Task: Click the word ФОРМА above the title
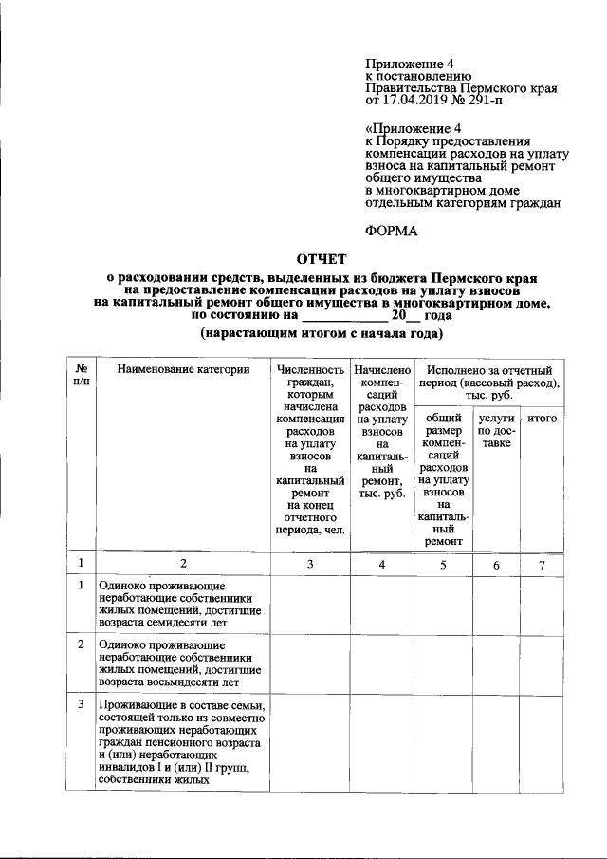(x=392, y=229)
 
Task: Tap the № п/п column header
(x=83, y=375)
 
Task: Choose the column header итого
(x=542, y=418)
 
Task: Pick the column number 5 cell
(x=443, y=565)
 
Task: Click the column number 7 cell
(x=542, y=565)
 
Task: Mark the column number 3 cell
(x=309, y=565)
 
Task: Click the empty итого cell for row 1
(x=542, y=604)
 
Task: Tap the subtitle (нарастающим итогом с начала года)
(x=322, y=334)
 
